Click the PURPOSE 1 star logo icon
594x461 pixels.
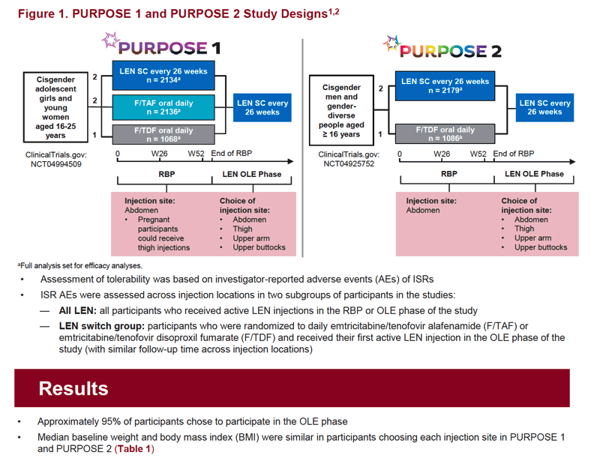(110, 40)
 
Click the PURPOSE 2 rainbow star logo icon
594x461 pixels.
(392, 44)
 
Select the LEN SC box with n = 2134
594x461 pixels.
(163, 75)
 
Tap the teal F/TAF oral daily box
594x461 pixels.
(163, 107)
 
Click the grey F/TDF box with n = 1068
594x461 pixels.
(163, 134)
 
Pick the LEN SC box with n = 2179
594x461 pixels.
(445, 85)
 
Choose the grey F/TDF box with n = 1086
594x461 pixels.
(445, 133)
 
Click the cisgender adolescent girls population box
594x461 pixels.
(55, 107)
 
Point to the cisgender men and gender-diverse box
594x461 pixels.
(341, 110)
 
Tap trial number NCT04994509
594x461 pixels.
(56, 164)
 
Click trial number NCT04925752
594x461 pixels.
(349, 164)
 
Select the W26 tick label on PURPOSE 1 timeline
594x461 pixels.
(160, 154)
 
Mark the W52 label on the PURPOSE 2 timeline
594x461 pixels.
(478, 154)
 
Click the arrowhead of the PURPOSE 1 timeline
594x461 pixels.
(290, 162)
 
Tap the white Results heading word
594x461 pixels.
(73, 388)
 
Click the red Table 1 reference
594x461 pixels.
(134, 449)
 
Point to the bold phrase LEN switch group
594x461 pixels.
(102, 326)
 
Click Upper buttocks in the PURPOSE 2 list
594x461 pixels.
(541, 247)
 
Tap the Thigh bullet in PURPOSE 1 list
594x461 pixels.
(242, 229)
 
